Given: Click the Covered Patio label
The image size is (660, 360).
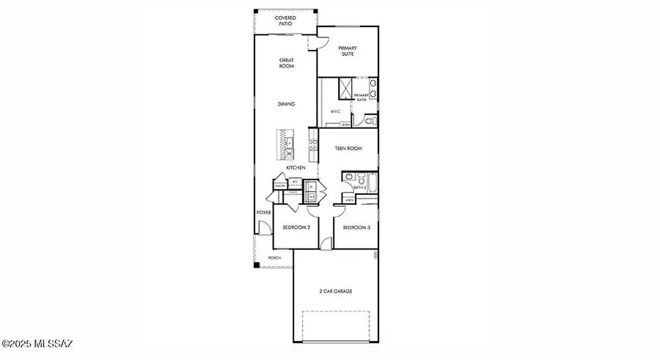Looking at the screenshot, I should pyautogui.click(x=285, y=20).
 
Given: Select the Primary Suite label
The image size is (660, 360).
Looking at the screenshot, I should pyautogui.click(x=347, y=51).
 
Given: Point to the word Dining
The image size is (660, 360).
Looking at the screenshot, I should pyautogui.click(x=286, y=104).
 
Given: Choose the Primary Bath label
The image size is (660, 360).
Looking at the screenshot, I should pyautogui.click(x=362, y=97).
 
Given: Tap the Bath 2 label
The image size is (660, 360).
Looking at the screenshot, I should pyautogui.click(x=359, y=188).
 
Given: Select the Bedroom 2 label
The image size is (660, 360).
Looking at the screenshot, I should pyautogui.click(x=296, y=227).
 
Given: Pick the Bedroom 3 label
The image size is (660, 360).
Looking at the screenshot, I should pyautogui.click(x=356, y=227).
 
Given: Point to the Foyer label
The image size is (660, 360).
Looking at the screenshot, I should pyautogui.click(x=263, y=213).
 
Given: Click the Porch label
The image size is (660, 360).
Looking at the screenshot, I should pyautogui.click(x=274, y=258).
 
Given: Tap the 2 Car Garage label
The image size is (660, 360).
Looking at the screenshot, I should pyautogui.click(x=336, y=291).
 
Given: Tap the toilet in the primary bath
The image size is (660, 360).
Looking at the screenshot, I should pyautogui.click(x=372, y=120).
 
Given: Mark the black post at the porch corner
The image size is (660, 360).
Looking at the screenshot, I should pyautogui.click(x=256, y=264).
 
